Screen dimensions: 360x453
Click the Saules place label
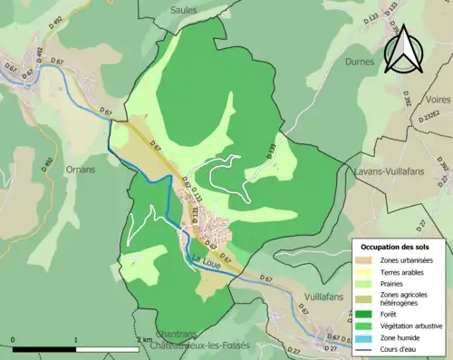click(x=184, y=9)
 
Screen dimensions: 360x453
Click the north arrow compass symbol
click(x=403, y=49)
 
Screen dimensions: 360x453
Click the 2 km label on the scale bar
click(x=145, y=339)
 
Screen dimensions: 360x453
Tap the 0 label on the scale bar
click(x=13, y=339)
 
